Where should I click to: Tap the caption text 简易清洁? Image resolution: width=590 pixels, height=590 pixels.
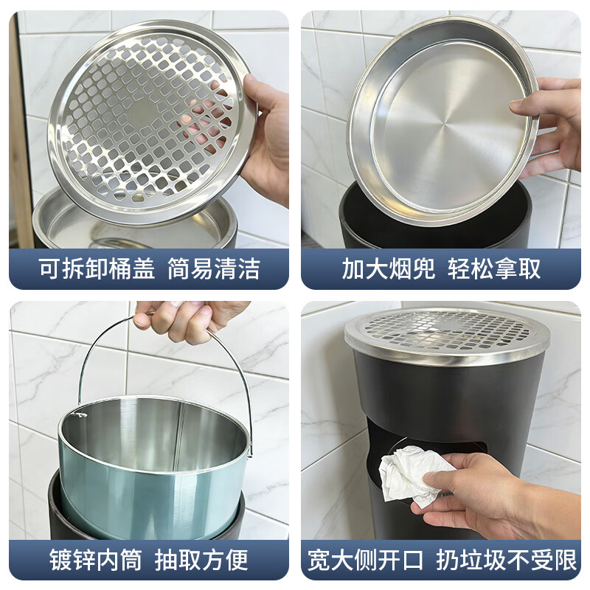coord(214,268)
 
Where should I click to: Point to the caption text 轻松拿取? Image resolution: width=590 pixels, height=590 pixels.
coord(495,268)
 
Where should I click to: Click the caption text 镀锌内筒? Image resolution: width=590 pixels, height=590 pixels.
coord(96,560)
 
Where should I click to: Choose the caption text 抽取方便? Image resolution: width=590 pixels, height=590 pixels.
coord(201,560)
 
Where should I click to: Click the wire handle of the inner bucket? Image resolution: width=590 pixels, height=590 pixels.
coord(237,369)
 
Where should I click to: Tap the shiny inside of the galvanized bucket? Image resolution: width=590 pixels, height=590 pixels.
coord(155,435)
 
